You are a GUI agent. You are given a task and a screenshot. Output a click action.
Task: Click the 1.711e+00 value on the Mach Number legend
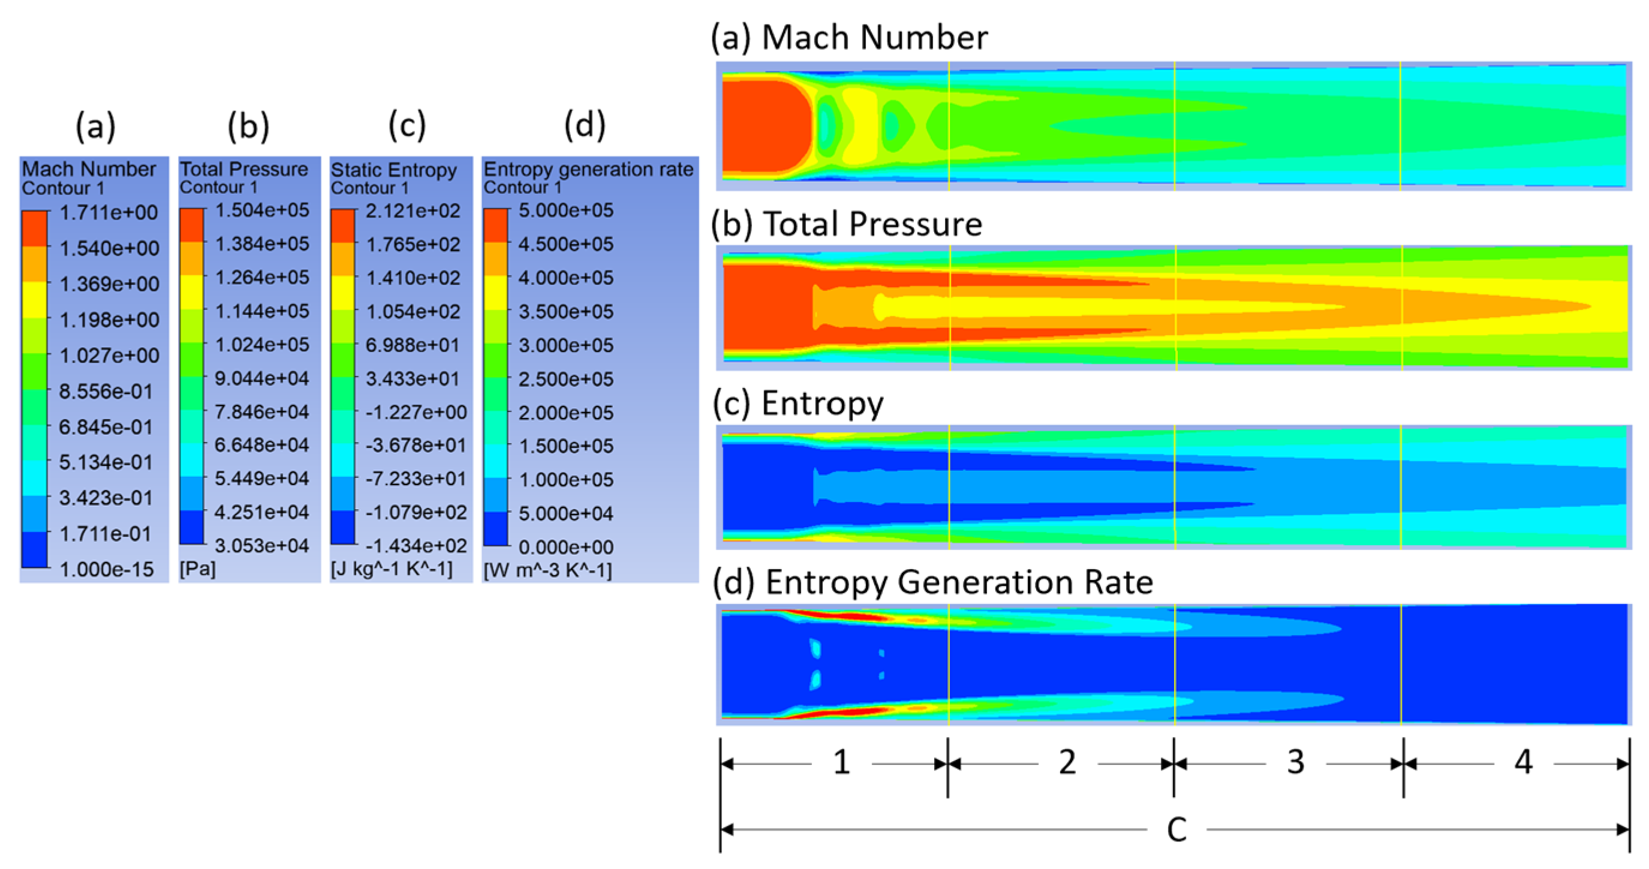point(109,213)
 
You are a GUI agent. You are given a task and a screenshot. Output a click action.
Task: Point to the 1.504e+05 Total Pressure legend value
point(262,210)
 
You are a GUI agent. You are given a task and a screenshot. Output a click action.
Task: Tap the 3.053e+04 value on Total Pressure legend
point(262,546)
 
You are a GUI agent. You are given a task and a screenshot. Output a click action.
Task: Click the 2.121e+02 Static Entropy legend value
point(413,211)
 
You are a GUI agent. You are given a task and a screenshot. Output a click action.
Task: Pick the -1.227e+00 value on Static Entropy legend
point(416,412)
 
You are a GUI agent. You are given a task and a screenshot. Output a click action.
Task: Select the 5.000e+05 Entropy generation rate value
point(566,210)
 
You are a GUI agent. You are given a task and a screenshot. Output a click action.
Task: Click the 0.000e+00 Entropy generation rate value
point(566,547)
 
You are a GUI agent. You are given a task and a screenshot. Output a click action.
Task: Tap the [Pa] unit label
point(198,569)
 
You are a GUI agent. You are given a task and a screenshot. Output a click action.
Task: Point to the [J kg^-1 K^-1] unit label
point(392,569)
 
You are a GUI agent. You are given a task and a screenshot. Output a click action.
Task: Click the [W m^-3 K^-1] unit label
point(548,569)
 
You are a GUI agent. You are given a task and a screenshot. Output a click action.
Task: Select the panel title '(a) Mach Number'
point(850,37)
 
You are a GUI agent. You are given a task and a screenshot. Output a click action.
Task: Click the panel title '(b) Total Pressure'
point(847,224)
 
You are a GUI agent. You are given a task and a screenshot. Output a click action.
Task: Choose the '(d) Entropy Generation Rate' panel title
point(932,582)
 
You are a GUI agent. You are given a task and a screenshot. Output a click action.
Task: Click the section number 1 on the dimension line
point(841,762)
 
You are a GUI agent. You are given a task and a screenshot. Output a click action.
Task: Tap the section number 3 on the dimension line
point(1296,762)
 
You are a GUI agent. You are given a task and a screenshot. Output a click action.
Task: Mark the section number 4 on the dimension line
point(1524,762)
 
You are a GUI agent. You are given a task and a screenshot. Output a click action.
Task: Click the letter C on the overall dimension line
point(1176,830)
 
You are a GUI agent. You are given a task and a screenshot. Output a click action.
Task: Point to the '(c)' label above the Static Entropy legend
point(407,125)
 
